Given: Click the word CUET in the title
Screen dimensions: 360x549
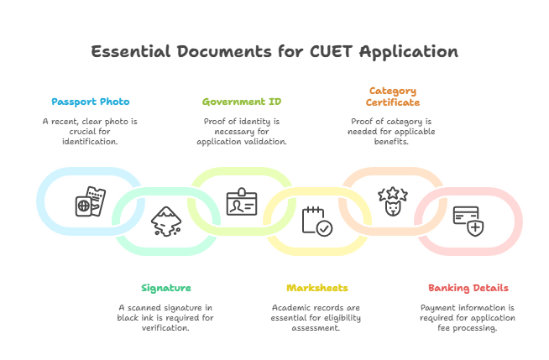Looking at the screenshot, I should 329,51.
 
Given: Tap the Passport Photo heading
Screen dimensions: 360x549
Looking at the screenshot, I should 91,102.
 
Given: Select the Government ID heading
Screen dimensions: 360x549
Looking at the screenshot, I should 241,102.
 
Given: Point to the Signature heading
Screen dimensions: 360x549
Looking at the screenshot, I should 165,287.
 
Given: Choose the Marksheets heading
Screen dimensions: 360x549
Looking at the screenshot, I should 316,287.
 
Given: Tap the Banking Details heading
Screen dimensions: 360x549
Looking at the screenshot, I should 468,287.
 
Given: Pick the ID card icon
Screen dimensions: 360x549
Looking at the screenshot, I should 241,203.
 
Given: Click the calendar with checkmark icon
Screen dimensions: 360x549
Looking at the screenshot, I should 316,221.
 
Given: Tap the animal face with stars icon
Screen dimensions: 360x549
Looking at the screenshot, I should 390,203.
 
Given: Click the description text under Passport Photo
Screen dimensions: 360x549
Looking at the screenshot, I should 91,131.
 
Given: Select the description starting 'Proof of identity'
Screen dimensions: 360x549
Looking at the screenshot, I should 241,131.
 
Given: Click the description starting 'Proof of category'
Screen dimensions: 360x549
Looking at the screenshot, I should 391,131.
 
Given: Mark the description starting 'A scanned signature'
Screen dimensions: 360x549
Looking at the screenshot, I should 165,317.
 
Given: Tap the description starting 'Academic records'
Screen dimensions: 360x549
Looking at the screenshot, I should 316,317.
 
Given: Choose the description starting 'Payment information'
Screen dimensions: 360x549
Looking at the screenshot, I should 468,317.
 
